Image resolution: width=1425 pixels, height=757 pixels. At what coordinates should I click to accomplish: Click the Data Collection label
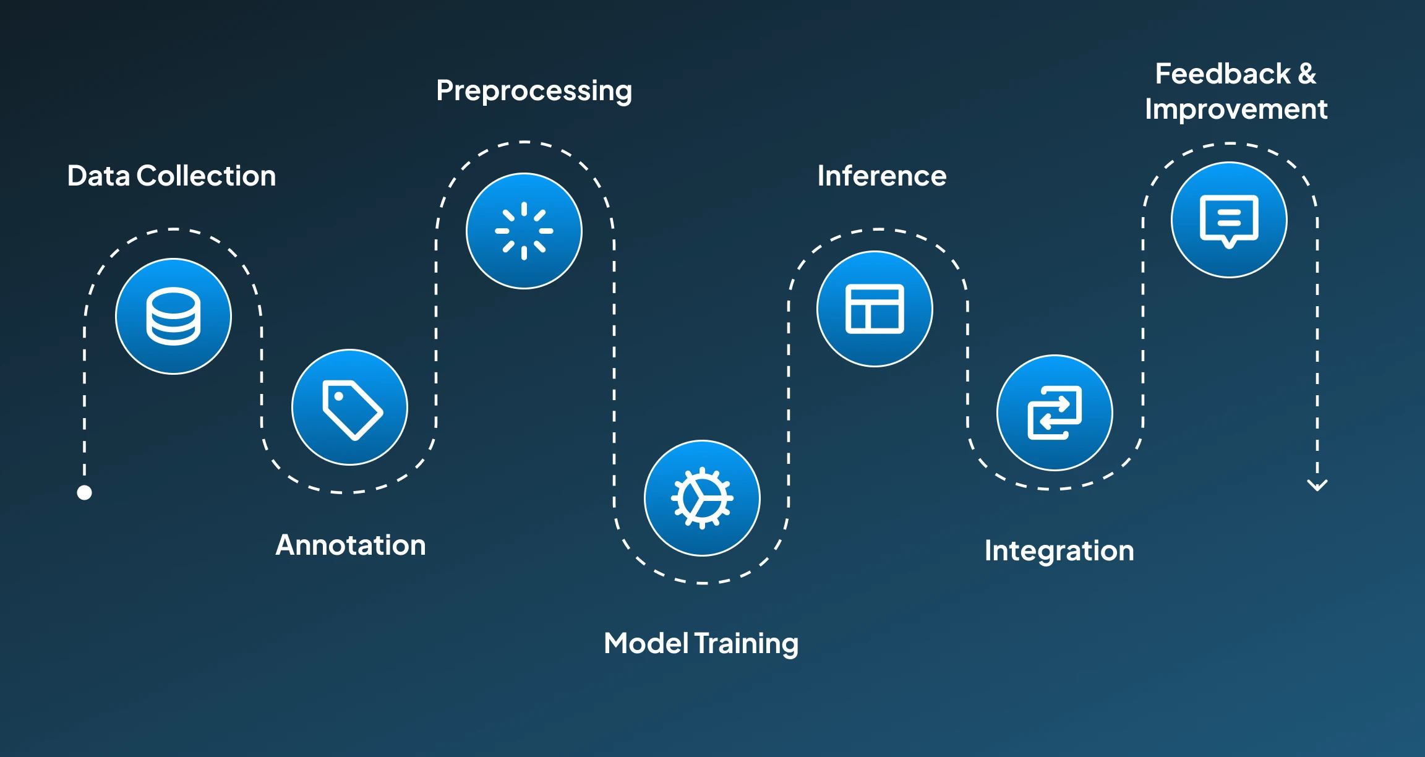[x=171, y=176]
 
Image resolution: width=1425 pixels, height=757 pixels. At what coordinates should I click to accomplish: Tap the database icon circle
[x=174, y=316]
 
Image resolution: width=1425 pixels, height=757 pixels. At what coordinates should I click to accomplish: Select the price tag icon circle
[x=350, y=408]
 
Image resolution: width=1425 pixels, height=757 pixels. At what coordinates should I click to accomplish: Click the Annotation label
[x=351, y=545]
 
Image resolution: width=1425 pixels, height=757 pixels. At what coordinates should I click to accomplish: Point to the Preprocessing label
[x=534, y=91]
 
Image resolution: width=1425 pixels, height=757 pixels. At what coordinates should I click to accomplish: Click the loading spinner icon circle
[x=524, y=231]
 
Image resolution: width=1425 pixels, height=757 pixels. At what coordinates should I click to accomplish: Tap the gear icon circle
[x=702, y=498]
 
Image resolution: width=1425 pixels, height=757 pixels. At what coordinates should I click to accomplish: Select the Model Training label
[x=701, y=644]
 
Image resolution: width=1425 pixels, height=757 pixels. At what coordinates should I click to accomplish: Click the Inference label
[x=882, y=176]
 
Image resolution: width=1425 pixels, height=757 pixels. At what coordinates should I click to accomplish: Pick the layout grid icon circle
[x=875, y=309]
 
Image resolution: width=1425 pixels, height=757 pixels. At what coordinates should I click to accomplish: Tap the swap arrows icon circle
[x=1055, y=413]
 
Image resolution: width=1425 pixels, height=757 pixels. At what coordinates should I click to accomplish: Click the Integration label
[x=1059, y=551]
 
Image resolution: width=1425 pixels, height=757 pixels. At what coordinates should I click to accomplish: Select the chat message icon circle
[x=1229, y=220]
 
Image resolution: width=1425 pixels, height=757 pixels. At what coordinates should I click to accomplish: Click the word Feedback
[x=1223, y=74]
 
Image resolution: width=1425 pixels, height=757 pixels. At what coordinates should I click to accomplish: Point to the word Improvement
[x=1236, y=109]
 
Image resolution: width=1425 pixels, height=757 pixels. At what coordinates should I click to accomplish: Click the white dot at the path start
[x=85, y=492]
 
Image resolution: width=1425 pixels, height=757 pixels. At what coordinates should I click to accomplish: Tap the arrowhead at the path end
[x=1317, y=485]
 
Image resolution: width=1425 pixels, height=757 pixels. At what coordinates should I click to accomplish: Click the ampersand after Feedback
[x=1307, y=74]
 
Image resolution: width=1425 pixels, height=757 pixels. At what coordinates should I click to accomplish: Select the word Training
[x=747, y=644]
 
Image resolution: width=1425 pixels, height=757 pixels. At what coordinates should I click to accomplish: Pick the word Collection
[x=206, y=176]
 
